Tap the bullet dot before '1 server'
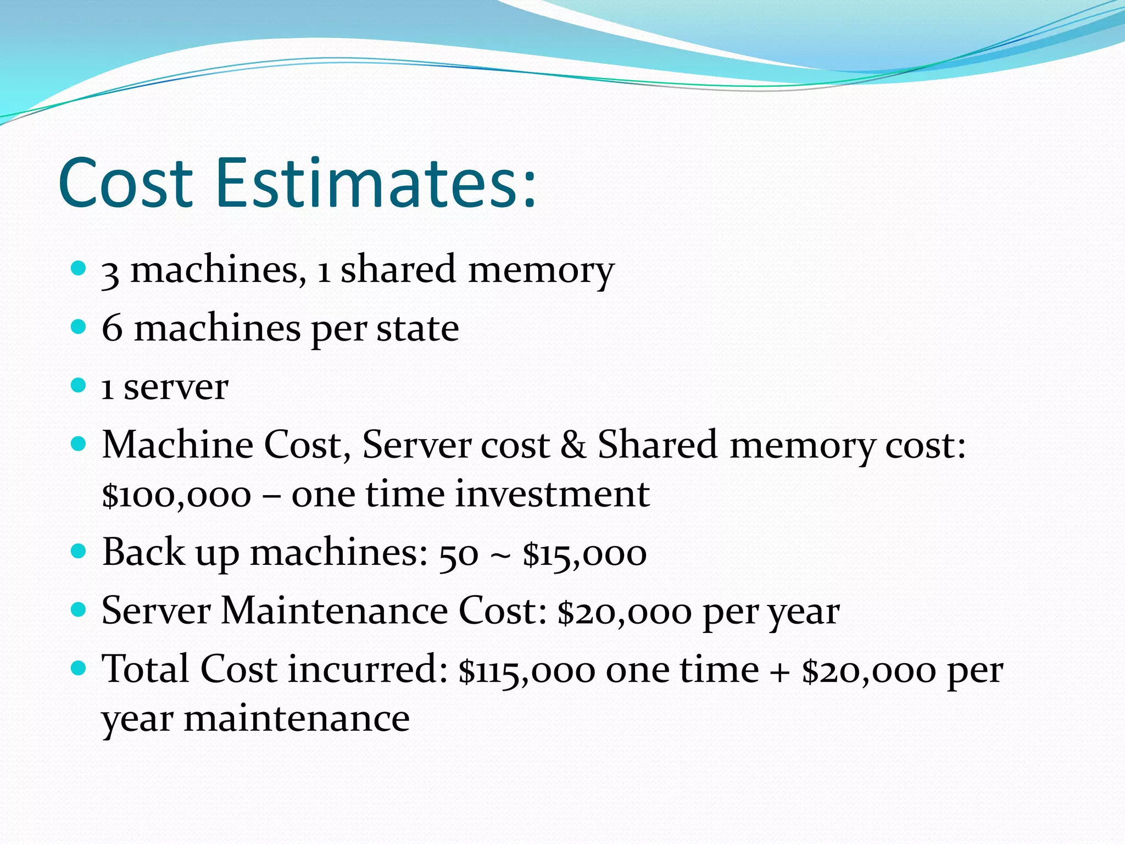[79, 385]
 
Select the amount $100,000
[176, 495]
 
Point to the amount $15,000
[584, 554]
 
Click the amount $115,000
[527, 670]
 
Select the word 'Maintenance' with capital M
[334, 611]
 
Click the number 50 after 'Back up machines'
[459, 554]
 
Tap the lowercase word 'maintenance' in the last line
[297, 719]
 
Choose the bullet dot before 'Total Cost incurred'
[79, 668]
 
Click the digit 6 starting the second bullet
[112, 329]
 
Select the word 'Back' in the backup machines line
[143, 552]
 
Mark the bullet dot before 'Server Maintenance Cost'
[79, 609]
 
